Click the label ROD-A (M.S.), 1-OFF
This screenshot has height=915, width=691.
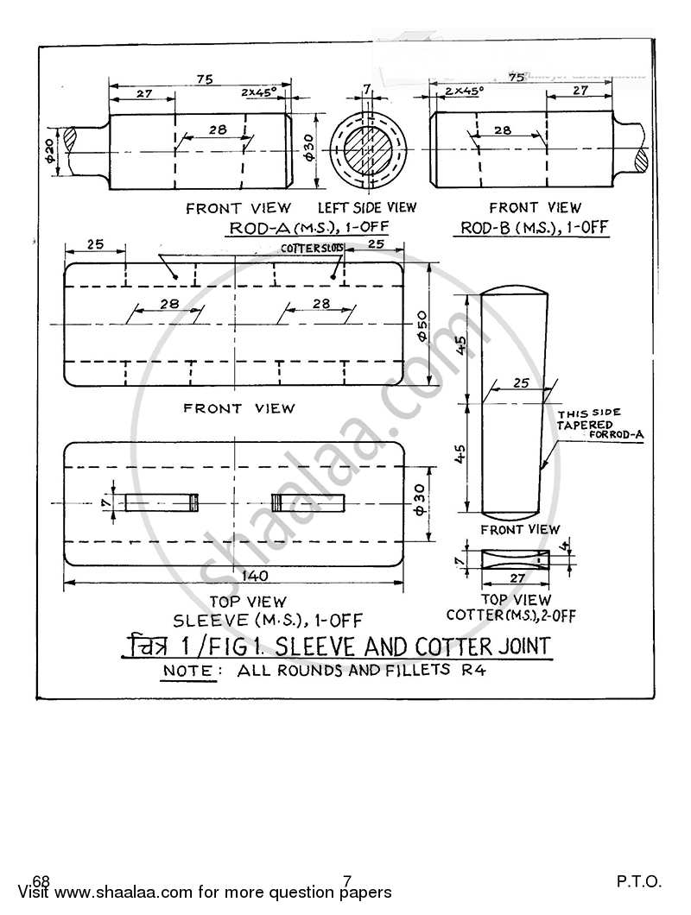click(308, 228)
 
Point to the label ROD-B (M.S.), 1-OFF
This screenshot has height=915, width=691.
click(535, 228)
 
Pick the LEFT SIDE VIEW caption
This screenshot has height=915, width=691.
click(367, 207)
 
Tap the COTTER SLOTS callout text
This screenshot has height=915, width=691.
click(312, 248)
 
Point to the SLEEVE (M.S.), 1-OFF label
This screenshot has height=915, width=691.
click(268, 620)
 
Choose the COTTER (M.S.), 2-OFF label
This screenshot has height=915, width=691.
click(511, 615)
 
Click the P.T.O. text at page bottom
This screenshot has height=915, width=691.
click(639, 881)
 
